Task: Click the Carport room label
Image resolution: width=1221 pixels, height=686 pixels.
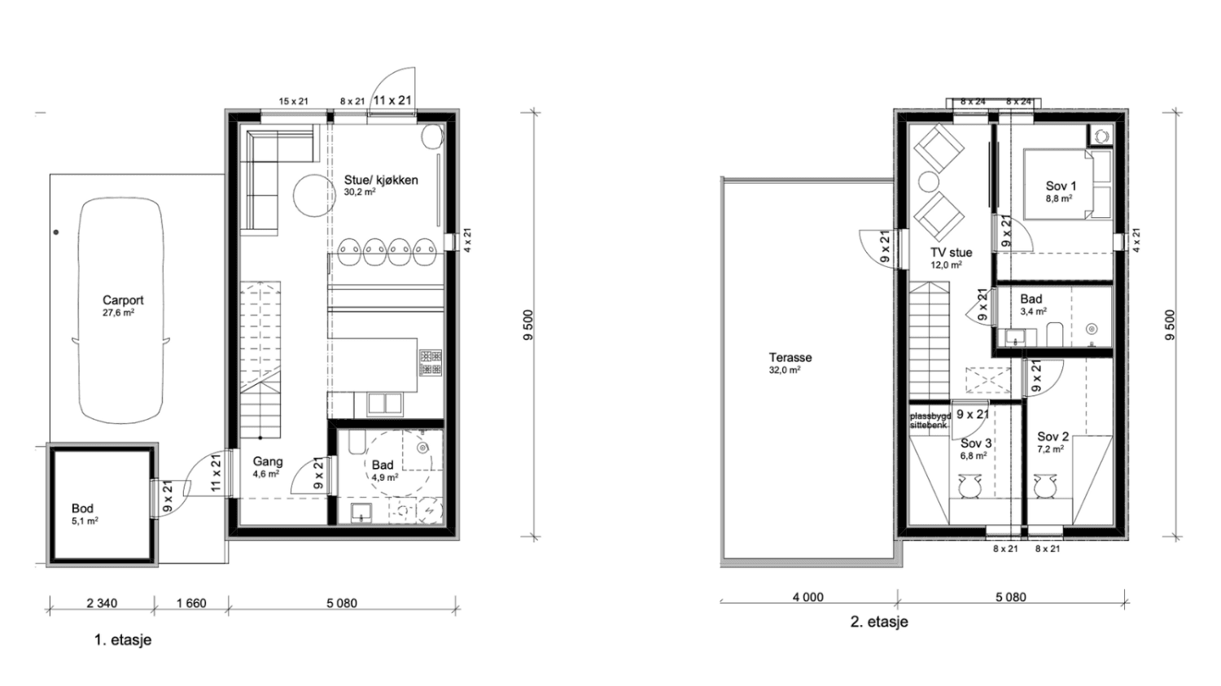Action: coord(123,300)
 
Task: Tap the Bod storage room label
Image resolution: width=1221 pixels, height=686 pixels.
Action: coord(82,509)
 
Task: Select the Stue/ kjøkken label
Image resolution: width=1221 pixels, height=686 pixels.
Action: coord(381,180)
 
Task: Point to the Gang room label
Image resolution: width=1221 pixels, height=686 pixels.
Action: coord(268,461)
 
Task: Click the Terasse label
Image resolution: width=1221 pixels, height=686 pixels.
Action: coord(790,357)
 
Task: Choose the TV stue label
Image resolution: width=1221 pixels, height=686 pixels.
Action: coord(952,252)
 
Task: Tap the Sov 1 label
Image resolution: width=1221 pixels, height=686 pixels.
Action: coord(1061,186)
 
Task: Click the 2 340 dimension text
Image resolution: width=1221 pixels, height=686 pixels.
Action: coord(102,603)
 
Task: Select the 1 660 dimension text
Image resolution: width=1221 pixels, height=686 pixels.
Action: coord(190,603)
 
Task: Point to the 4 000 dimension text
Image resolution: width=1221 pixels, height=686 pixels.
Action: coord(807,597)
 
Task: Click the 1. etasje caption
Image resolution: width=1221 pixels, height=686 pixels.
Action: coord(123,640)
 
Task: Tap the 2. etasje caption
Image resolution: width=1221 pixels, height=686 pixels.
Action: coord(879,622)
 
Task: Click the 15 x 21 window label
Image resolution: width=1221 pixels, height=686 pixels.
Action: coord(294,102)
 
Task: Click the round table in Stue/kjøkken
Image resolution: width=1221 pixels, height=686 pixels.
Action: coord(313,195)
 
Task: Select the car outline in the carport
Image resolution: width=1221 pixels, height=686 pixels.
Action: coord(121,310)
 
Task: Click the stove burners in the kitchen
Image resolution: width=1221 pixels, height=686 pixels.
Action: coord(431,363)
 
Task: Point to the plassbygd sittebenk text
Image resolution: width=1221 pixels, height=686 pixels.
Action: coord(930,421)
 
